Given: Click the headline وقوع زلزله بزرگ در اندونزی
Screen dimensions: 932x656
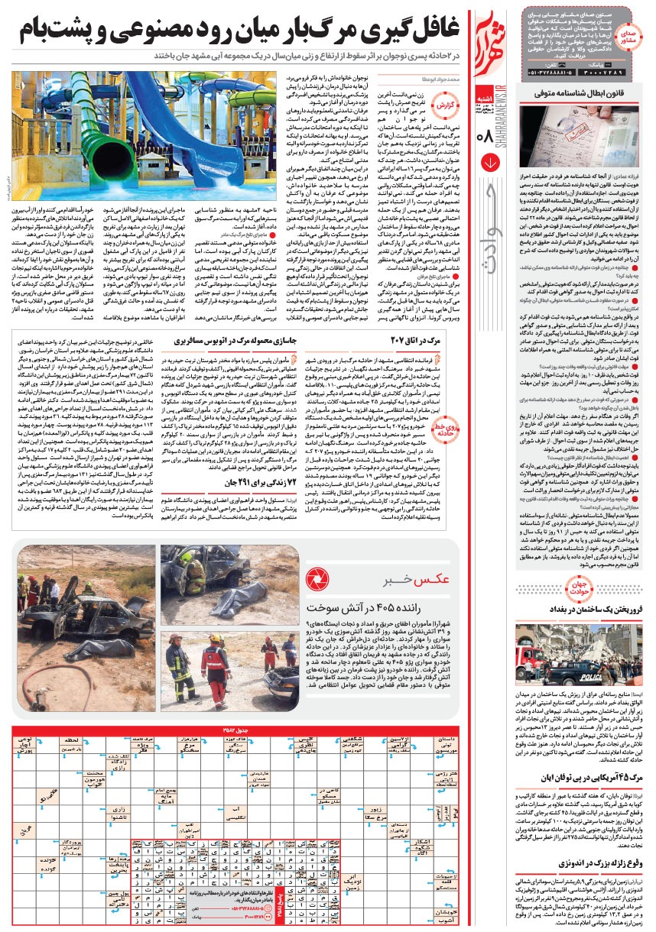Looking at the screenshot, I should coord(596,863).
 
